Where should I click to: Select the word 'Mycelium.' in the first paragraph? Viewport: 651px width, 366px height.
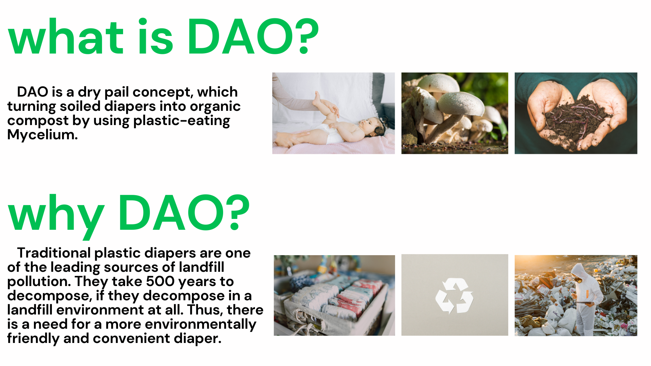point(43,135)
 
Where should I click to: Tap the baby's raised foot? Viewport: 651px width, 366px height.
point(317,98)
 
